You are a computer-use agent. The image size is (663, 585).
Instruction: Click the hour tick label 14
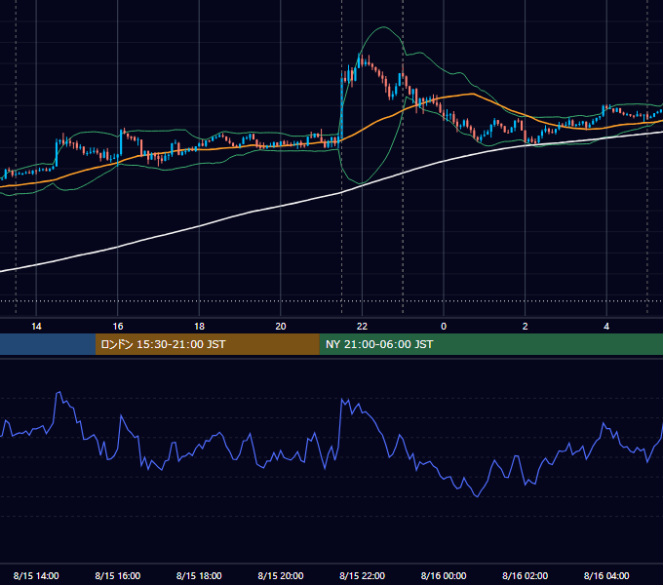pyautogui.click(x=36, y=327)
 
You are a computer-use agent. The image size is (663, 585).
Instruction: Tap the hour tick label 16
pyautogui.click(x=118, y=327)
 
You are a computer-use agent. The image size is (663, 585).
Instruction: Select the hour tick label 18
pyautogui.click(x=199, y=327)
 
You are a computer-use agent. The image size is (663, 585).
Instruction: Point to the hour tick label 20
pyautogui.click(x=281, y=327)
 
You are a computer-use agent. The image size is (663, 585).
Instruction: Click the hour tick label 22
pyautogui.click(x=362, y=327)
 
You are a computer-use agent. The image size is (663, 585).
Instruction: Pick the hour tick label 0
pyautogui.click(x=444, y=327)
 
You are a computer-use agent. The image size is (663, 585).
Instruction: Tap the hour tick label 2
pyautogui.click(x=525, y=327)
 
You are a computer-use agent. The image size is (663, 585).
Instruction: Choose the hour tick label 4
pyautogui.click(x=606, y=327)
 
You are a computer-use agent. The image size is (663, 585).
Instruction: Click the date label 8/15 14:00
pyautogui.click(x=36, y=575)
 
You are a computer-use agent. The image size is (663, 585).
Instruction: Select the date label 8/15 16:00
pyautogui.click(x=118, y=575)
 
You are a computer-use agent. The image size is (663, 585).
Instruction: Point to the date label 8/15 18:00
pyautogui.click(x=199, y=575)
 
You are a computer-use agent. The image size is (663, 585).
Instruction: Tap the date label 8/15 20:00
pyautogui.click(x=281, y=575)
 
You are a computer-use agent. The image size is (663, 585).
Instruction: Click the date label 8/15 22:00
pyautogui.click(x=363, y=575)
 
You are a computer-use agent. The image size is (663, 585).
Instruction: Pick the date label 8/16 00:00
pyautogui.click(x=444, y=575)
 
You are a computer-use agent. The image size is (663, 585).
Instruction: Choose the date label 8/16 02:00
pyautogui.click(x=526, y=575)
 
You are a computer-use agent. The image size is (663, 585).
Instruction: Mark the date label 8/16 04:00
pyautogui.click(x=606, y=575)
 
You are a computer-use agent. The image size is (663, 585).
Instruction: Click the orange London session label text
pyautogui.click(x=163, y=344)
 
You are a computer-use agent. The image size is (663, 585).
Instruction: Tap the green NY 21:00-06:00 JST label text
pyautogui.click(x=379, y=344)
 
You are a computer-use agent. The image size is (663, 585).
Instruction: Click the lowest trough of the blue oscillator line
pyautogui.click(x=478, y=496)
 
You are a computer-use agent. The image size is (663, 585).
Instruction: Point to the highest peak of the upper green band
pyautogui.click(x=383, y=27)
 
